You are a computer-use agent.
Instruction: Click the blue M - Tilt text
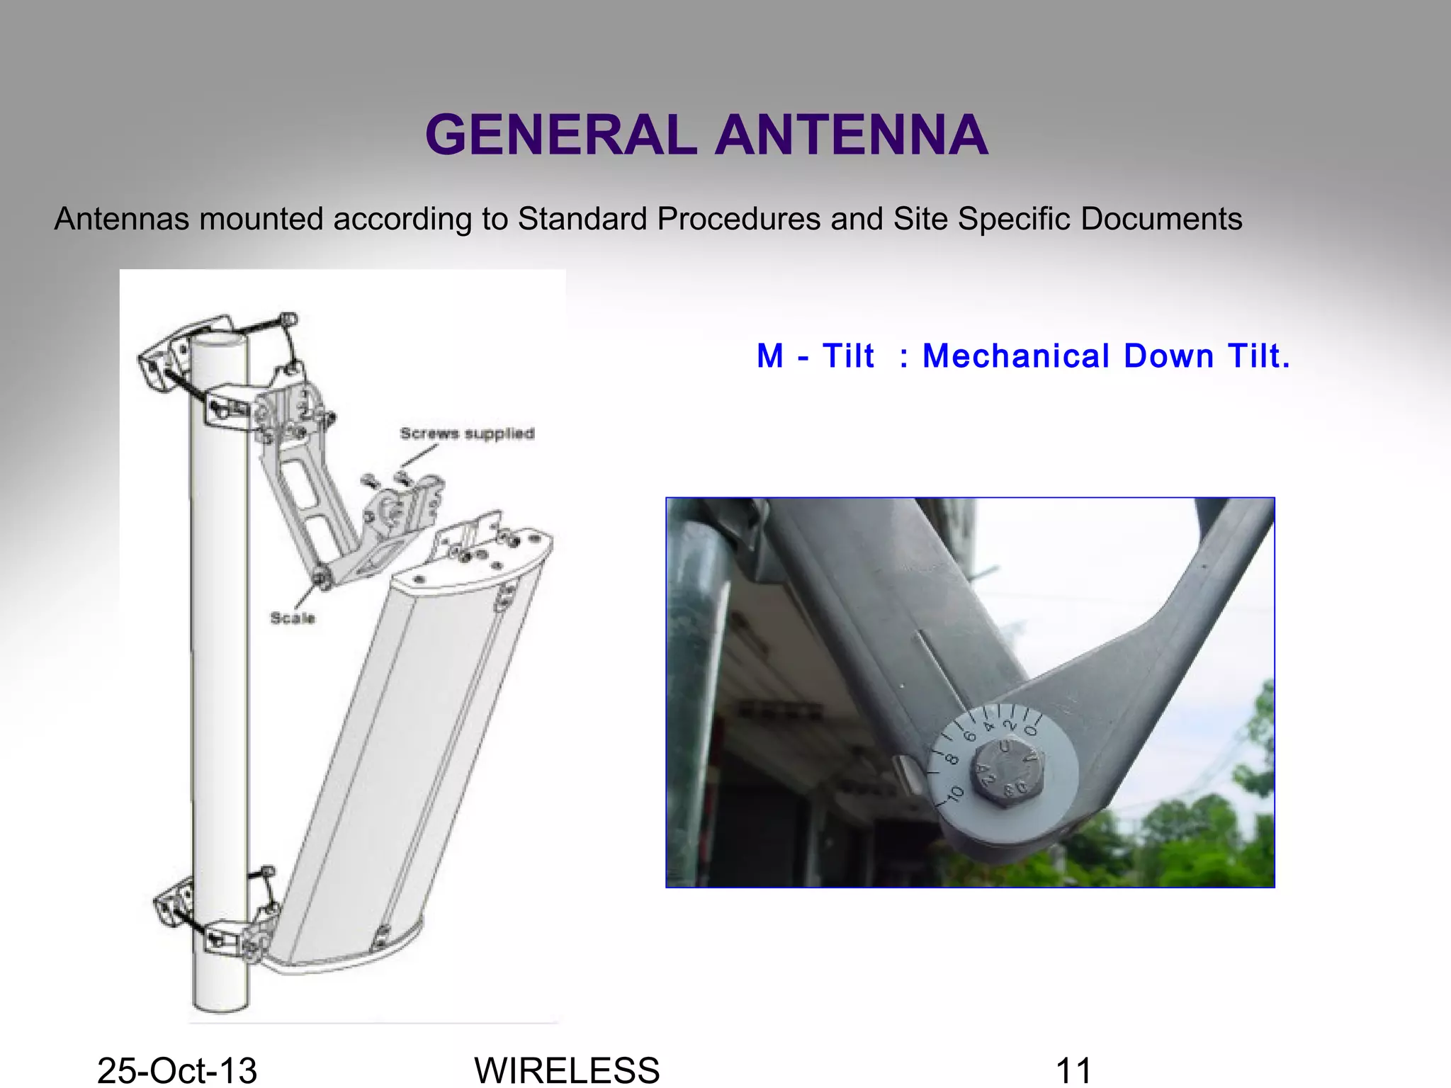(815, 356)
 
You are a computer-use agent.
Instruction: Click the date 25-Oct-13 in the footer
(177, 1070)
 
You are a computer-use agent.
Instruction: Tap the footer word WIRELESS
(567, 1070)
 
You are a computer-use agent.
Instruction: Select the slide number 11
(1073, 1070)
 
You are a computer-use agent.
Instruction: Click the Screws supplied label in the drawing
(467, 433)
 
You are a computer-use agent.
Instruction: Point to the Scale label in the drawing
(292, 618)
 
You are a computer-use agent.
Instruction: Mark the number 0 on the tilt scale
(1032, 730)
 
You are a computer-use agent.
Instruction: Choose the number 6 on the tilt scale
(971, 737)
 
